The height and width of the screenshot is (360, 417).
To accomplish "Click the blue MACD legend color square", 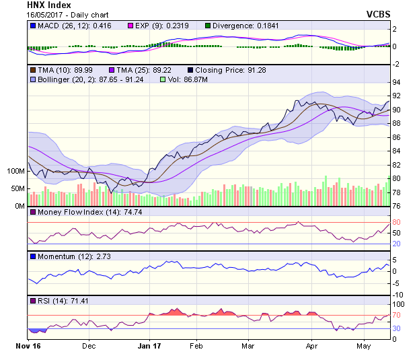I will [33, 26].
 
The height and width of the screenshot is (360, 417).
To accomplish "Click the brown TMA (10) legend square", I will [33, 69].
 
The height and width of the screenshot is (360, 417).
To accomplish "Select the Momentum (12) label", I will [61, 256].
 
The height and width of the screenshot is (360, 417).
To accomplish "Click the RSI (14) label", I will [50, 301].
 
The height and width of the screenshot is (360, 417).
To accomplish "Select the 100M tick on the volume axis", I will [14, 171].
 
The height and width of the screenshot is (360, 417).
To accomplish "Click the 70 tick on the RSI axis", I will [396, 315].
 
